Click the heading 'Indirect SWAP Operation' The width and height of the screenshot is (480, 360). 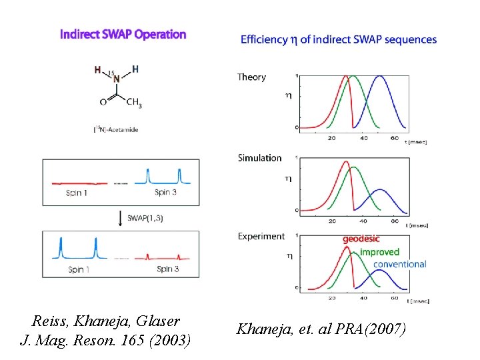pos(123,34)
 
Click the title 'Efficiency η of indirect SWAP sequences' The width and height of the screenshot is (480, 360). pos(339,40)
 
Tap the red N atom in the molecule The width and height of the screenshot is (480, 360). pos(117,79)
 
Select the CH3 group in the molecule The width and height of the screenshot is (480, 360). pos(134,103)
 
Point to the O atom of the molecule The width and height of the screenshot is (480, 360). pos(103,103)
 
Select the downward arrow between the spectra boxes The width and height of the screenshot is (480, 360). pos(120,217)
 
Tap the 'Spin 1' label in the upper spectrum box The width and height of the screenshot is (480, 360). pos(77,193)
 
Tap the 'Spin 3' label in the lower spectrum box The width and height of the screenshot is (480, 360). pos(167,269)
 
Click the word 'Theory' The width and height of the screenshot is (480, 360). pos(251,77)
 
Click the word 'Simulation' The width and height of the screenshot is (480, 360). pos(259,158)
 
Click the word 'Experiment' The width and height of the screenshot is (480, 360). pos(261,236)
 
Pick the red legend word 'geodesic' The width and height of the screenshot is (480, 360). pos(361,239)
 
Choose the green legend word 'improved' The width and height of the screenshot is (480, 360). pos(379,252)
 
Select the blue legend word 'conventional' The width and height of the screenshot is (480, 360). pos(400,264)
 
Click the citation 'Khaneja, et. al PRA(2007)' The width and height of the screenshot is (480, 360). pos(320,329)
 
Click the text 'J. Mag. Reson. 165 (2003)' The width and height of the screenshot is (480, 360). pos(105,341)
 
